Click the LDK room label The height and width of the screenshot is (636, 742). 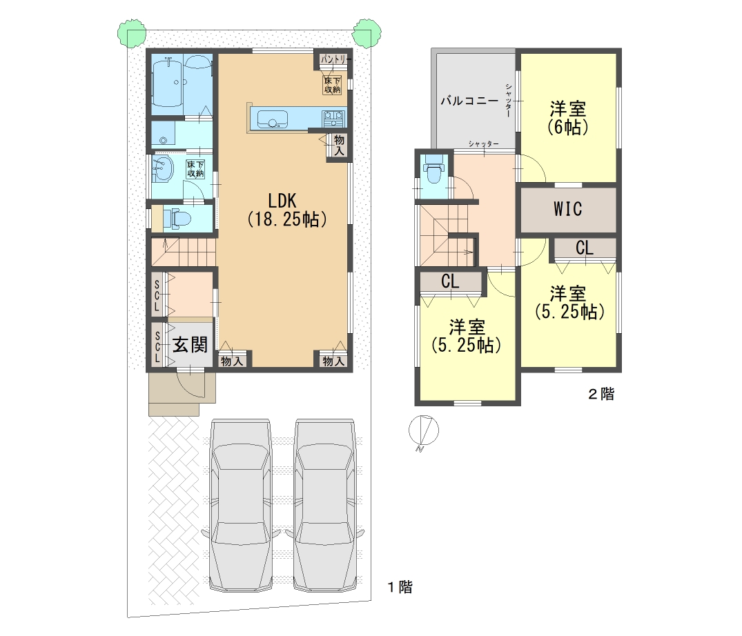282,201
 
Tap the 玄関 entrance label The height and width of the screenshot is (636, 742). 190,345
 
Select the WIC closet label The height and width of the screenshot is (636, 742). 568,209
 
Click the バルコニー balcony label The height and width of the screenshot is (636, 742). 469,101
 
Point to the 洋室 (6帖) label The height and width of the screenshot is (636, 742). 568,118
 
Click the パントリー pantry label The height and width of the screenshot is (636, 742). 336,59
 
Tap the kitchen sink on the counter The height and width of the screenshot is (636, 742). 272,119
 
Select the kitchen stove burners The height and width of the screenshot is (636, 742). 334,118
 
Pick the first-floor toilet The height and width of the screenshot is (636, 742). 177,219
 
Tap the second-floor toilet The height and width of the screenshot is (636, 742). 433,172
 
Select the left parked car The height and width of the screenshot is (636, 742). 242,504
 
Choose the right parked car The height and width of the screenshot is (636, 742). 324,504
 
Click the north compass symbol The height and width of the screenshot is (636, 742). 424,431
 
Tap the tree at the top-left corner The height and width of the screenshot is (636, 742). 132,33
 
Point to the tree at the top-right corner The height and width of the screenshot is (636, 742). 367,33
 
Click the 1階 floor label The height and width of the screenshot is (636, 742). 400,587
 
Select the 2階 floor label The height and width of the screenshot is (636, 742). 601,393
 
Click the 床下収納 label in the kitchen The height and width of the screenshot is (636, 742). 332,85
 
